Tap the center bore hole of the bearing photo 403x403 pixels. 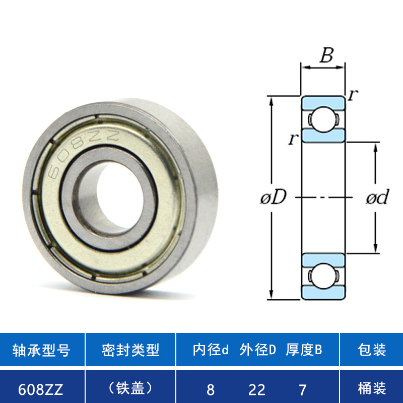pos(120,195)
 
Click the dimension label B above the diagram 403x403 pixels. pos(326,55)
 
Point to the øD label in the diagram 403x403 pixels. pos(273,197)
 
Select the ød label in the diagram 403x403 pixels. pos(378,197)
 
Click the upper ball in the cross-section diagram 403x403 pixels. pos(323,119)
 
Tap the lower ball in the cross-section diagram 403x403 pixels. pos(323,276)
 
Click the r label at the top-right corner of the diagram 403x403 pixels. pos(353,95)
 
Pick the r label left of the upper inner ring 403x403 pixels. pos(294,139)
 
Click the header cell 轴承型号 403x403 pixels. pos(41,350)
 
